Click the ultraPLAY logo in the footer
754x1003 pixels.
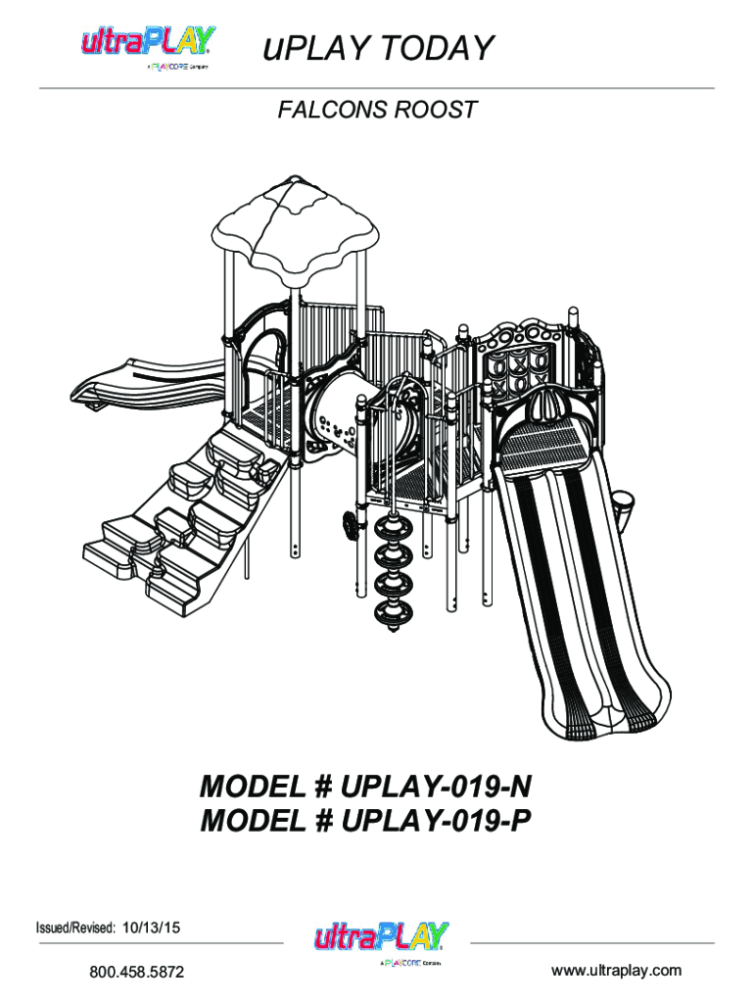381,942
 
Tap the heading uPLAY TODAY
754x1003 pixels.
379,48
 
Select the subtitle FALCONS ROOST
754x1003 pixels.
377,110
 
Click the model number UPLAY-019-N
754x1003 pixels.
436,787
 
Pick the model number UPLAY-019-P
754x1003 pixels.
436,820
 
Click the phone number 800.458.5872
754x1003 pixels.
137,972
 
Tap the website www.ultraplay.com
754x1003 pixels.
616,971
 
